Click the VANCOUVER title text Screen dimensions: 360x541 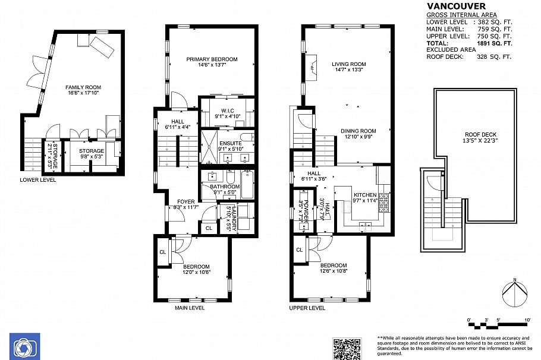pyautogui.click(x=452, y=7)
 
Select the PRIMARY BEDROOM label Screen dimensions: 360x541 pyautogui.click(x=212, y=59)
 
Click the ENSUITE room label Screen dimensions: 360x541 pyautogui.click(x=229, y=143)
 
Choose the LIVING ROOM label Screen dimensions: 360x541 pyautogui.click(x=349, y=64)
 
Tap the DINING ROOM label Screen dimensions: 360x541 pyautogui.click(x=358, y=131)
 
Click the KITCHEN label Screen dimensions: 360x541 pyautogui.click(x=366, y=195)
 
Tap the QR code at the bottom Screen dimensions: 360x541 pyautogui.click(x=347, y=348)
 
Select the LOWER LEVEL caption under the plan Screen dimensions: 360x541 pyautogui.click(x=38, y=179)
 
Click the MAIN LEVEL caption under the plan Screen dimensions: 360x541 pyautogui.click(x=190, y=308)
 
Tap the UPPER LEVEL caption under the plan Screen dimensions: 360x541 pyautogui.click(x=307, y=308)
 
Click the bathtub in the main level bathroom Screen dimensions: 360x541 pyautogui.click(x=247, y=184)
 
